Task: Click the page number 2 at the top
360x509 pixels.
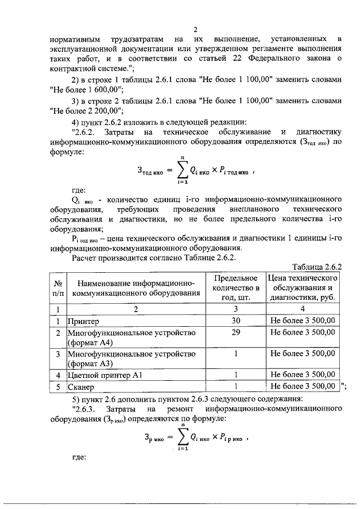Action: click(x=195, y=30)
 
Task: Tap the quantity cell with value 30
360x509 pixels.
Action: click(x=237, y=321)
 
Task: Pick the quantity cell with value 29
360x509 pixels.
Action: click(x=237, y=332)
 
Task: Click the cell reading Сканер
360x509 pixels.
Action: click(x=82, y=387)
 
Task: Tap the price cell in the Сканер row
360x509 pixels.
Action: click(x=303, y=386)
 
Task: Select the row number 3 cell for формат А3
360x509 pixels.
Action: click(x=57, y=354)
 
